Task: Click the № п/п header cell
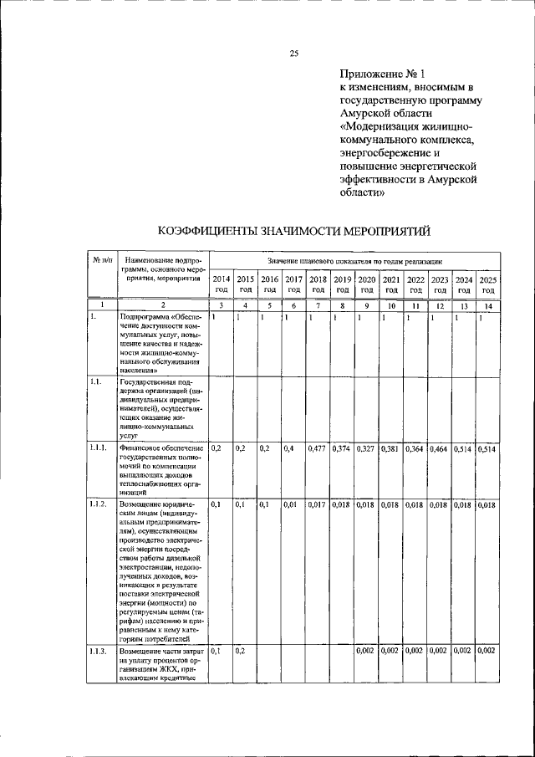102,262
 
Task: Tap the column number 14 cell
488,306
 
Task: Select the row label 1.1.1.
99,448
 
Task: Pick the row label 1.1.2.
99,504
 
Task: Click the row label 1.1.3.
99,650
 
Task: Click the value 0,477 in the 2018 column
317,449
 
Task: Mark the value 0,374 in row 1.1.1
341,449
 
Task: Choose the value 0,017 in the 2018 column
317,504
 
